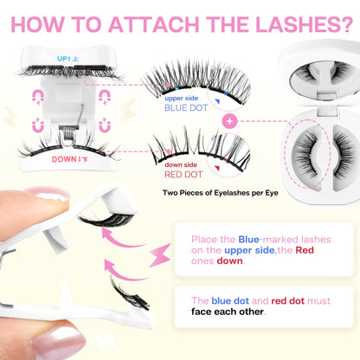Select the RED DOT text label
coord(182,171)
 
